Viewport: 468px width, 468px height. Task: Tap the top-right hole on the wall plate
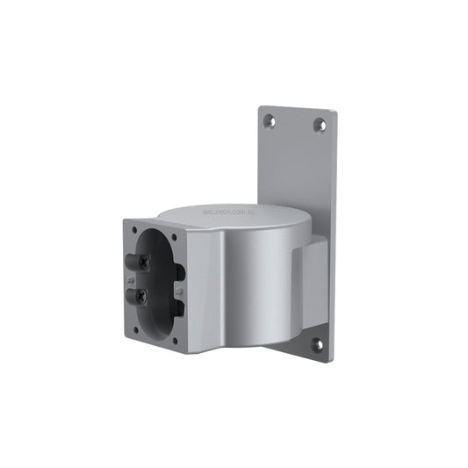pos(320,126)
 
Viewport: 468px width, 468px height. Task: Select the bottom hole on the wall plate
pos(318,345)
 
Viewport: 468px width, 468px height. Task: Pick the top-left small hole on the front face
pos(134,230)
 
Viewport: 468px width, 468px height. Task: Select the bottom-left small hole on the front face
pos(134,330)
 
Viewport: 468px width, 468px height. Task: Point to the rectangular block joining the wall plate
pos(311,281)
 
